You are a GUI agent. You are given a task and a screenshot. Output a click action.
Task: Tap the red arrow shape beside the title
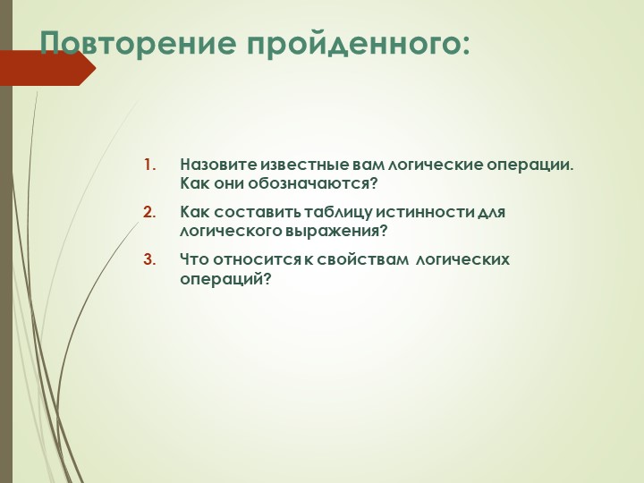tap(45, 68)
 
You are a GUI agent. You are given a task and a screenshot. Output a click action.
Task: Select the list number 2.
tap(149, 212)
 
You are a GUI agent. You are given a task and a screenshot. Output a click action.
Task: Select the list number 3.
tap(149, 259)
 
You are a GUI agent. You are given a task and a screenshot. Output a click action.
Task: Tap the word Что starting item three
tap(192, 259)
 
